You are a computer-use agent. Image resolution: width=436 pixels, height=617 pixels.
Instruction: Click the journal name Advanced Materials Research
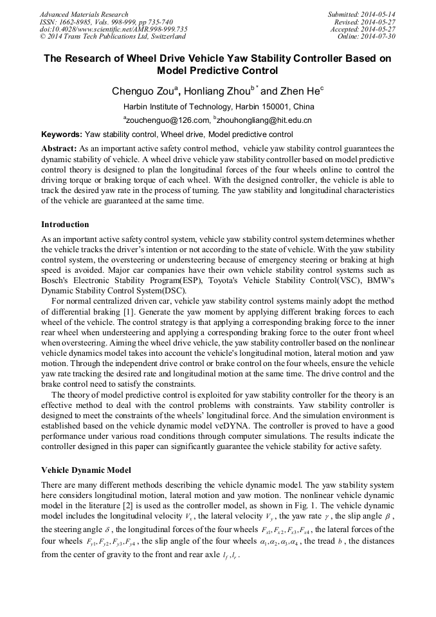[x=84, y=14]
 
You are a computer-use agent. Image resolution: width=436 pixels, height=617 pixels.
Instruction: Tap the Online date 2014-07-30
[x=379, y=37]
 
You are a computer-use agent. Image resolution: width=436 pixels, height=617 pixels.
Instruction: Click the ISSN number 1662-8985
[x=78, y=22]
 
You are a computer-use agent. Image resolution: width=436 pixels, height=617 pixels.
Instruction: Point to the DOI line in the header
[x=113, y=29]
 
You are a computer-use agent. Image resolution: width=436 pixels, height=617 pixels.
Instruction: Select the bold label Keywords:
[x=62, y=134]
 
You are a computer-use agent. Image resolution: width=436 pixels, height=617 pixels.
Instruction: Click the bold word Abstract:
[x=59, y=148]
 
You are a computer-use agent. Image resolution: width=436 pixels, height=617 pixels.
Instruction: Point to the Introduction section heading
[x=65, y=225]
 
